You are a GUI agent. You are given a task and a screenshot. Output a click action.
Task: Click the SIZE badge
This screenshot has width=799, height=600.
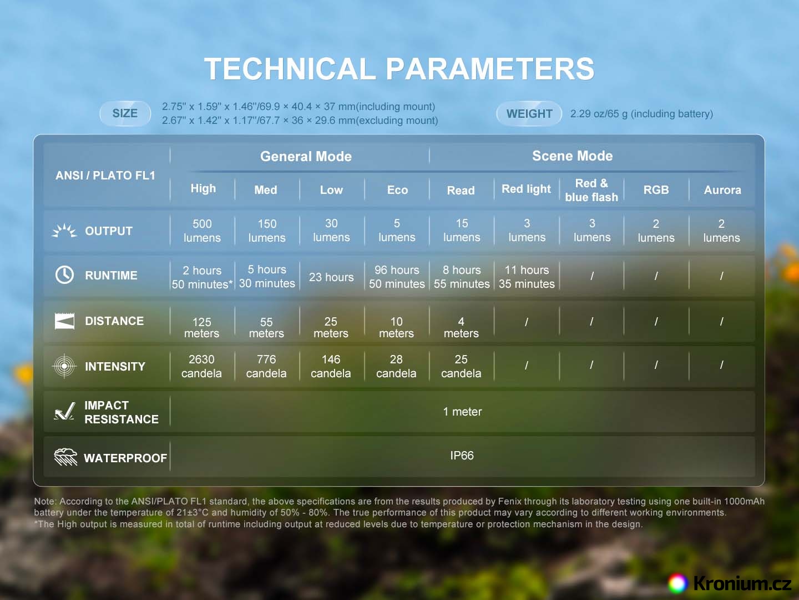pos(125,113)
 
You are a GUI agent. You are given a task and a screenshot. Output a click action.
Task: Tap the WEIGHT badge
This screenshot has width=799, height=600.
pos(529,114)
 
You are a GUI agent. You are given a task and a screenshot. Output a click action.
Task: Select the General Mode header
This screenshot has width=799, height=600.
pos(306,156)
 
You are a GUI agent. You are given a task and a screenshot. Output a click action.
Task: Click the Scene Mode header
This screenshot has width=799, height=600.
pos(572,156)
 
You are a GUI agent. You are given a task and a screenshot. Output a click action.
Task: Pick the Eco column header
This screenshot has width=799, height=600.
pos(397,190)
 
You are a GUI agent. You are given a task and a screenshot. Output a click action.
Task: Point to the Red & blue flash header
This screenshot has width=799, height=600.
pos(591,190)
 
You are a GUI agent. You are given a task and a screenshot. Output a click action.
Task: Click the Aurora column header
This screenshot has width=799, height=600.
pos(722,190)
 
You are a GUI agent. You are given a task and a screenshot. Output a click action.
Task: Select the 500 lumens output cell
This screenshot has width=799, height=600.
pos(202,231)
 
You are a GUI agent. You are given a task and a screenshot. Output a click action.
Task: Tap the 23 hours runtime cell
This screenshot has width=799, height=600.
pos(331,277)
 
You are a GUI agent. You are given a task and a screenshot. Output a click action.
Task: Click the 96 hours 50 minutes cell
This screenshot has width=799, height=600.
pos(397,277)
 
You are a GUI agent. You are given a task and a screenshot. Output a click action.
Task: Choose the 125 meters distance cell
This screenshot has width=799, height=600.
pos(201,327)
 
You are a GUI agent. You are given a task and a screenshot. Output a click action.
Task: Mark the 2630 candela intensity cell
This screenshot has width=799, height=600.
pos(201,366)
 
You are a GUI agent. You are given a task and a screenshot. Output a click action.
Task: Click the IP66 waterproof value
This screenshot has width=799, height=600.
pos(462,456)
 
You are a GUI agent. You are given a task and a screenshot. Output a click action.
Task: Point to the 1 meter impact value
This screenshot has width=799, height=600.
pos(462,412)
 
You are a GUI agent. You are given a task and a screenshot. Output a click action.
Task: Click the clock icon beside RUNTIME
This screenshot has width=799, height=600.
pos(64,274)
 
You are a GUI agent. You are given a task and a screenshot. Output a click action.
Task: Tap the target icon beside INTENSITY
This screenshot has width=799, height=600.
pos(64,366)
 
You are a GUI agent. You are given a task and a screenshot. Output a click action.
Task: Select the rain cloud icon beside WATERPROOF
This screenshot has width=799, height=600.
pos(65,457)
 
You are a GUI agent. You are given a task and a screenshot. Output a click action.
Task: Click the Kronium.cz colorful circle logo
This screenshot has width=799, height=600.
pos(677,583)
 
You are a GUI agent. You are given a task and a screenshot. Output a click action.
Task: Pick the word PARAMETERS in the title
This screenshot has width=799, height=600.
pos(490,68)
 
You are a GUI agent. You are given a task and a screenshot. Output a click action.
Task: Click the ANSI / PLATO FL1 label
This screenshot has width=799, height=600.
pos(105,176)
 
